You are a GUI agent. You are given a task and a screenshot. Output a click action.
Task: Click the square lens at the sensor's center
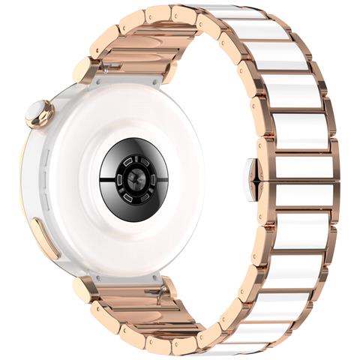tap(134, 177)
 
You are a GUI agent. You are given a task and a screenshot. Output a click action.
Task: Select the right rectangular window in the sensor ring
tap(160, 178)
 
